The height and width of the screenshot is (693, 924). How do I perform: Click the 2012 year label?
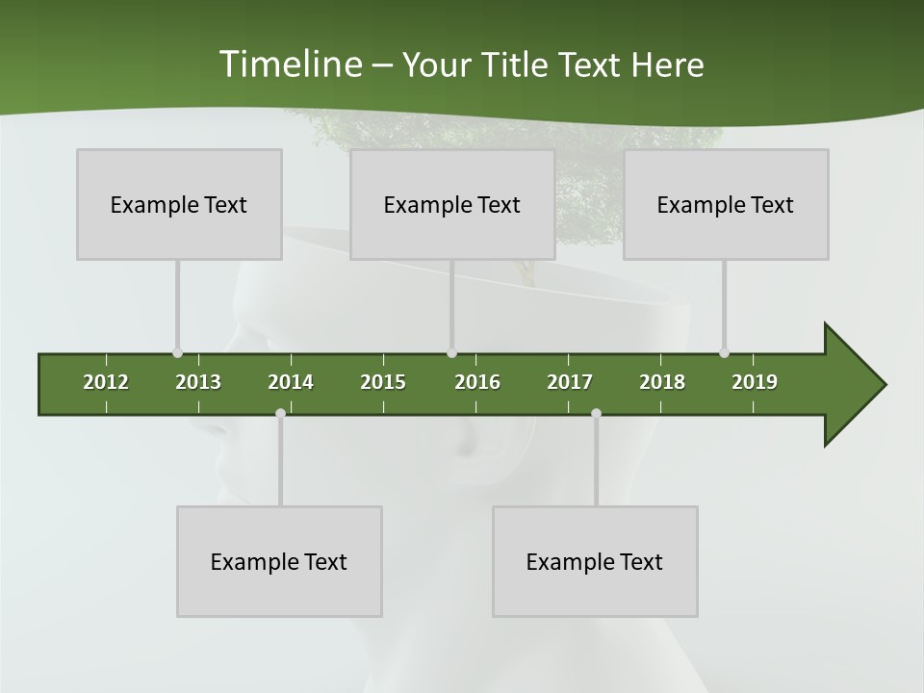tap(106, 382)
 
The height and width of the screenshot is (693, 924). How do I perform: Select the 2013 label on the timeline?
tap(198, 382)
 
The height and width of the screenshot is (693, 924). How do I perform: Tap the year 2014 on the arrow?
tap(291, 382)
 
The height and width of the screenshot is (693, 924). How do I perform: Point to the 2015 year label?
tap(383, 382)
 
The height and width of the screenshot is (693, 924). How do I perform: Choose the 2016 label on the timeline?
tap(477, 382)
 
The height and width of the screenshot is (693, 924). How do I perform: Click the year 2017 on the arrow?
tap(570, 382)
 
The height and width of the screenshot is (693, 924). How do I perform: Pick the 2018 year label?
tap(662, 382)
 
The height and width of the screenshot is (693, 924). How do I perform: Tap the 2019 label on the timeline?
tap(755, 382)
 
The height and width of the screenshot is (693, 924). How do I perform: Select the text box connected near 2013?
tap(179, 204)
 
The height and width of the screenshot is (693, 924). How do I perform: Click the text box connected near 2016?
tap(452, 204)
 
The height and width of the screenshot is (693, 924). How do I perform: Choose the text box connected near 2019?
tap(726, 204)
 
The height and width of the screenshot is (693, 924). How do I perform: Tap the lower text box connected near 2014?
tap(279, 561)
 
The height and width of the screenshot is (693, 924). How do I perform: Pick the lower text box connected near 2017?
tap(595, 561)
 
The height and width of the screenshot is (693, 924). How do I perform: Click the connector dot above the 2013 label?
tap(177, 352)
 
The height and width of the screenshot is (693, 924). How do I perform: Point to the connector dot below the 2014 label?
tap(280, 414)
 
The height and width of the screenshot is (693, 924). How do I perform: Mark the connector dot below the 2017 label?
tap(596, 414)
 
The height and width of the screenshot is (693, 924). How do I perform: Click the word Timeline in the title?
tap(289, 64)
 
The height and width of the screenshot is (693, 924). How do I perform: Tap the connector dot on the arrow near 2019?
tap(724, 352)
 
